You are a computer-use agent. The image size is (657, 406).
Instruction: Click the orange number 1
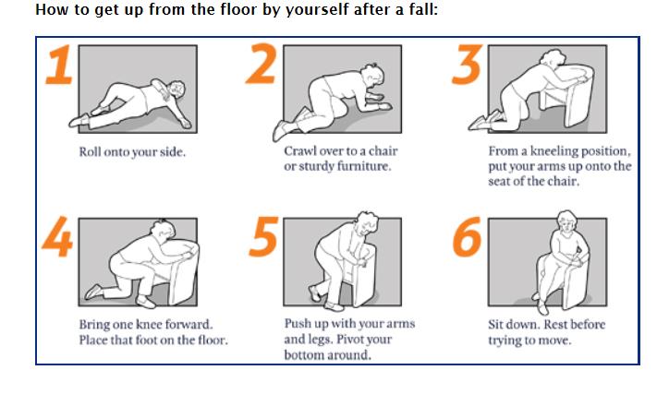[x=60, y=65]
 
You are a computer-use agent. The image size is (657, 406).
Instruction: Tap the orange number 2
[x=262, y=64]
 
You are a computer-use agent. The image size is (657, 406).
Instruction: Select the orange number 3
[x=468, y=64]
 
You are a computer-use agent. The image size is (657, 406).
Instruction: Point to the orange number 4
[x=57, y=236]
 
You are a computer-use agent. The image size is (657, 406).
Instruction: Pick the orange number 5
[x=263, y=236]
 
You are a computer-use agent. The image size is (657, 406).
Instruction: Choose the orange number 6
[x=467, y=236]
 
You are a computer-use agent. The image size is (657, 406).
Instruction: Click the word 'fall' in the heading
[x=422, y=9]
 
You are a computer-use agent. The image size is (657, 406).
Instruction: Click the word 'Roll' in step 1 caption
[x=90, y=151]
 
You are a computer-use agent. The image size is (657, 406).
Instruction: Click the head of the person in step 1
[x=176, y=90]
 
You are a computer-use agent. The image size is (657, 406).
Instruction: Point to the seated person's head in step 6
[x=567, y=221]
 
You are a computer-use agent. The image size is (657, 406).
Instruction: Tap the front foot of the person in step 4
[x=146, y=302]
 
